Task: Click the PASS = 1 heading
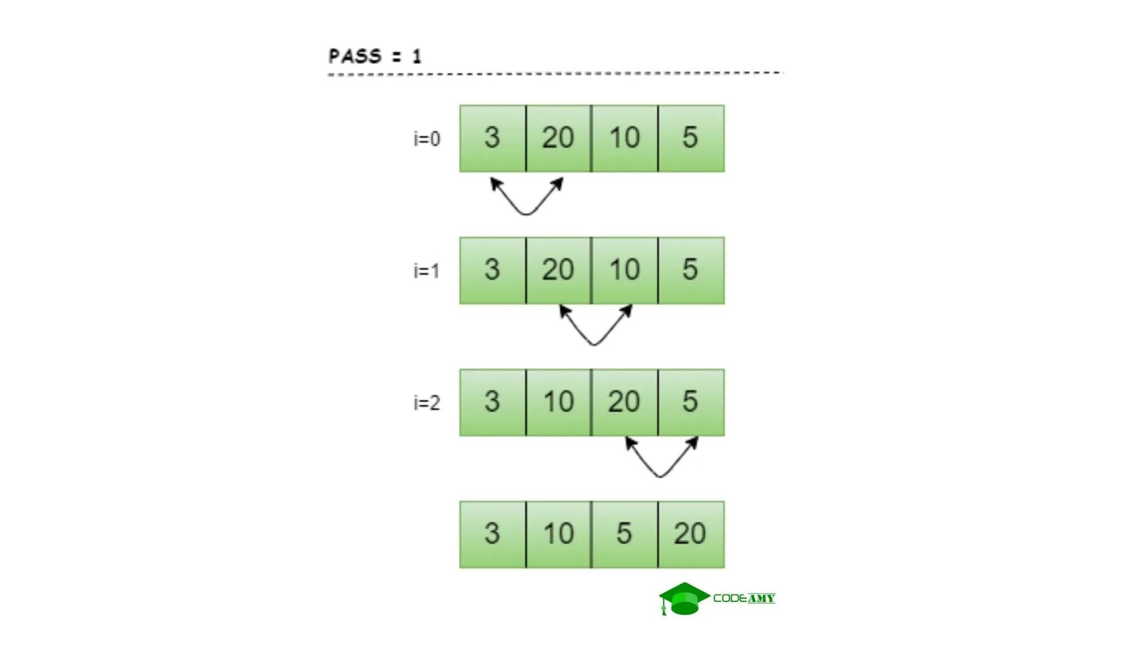pyautogui.click(x=374, y=56)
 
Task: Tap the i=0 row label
pyautogui.click(x=426, y=138)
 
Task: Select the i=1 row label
pyautogui.click(x=426, y=271)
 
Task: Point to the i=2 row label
pyautogui.click(x=426, y=403)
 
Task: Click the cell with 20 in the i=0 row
pyautogui.click(x=558, y=138)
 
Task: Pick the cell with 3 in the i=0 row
pyautogui.click(x=492, y=138)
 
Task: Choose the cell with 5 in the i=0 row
pyautogui.click(x=691, y=138)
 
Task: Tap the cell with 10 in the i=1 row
pyautogui.click(x=624, y=270)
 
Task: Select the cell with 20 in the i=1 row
pyautogui.click(x=558, y=270)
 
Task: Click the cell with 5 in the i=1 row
pyautogui.click(x=691, y=270)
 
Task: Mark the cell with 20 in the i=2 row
pyautogui.click(x=624, y=403)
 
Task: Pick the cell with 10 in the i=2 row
pyautogui.click(x=558, y=403)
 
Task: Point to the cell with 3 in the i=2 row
pyautogui.click(x=492, y=403)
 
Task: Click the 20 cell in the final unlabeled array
pyautogui.click(x=691, y=534)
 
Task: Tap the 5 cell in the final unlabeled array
pyautogui.click(x=624, y=534)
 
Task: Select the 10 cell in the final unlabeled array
pyautogui.click(x=558, y=534)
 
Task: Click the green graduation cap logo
pyautogui.click(x=684, y=599)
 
